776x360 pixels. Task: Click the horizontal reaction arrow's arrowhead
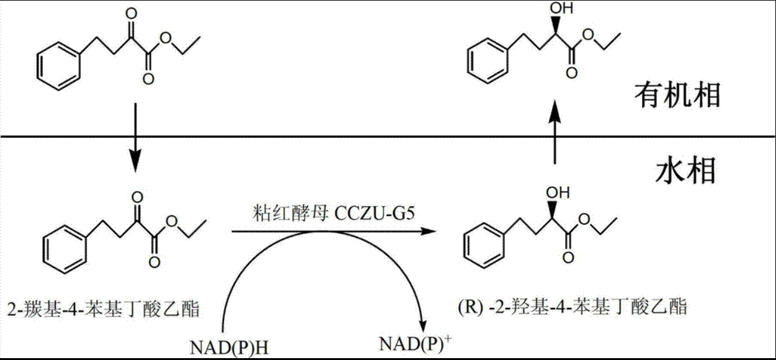426,232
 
